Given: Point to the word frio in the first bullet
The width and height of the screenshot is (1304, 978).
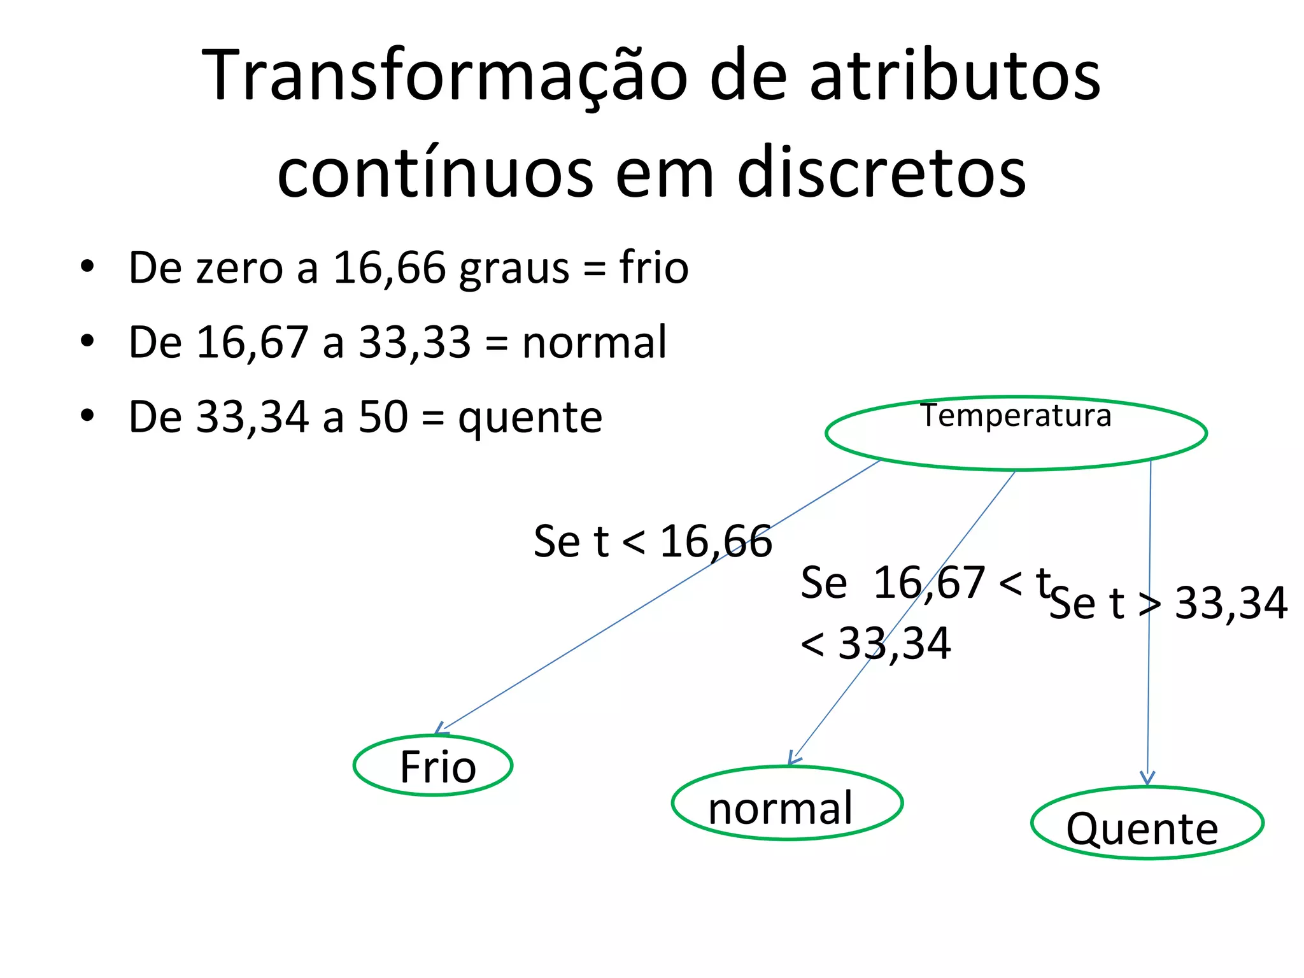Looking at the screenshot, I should click(x=654, y=267).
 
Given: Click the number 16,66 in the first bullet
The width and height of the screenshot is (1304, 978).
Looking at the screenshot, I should click(x=390, y=267).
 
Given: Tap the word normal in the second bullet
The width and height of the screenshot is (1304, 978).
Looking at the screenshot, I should click(x=594, y=343).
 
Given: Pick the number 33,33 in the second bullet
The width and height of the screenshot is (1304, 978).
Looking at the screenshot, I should click(x=415, y=343).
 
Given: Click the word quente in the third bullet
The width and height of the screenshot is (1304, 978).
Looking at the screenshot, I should click(x=530, y=418).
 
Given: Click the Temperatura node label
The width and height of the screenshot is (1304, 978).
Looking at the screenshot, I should click(x=1016, y=416).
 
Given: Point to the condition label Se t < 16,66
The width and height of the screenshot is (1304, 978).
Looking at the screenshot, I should click(x=653, y=542).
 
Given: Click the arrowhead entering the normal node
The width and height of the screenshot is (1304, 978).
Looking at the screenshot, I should click(x=793, y=758).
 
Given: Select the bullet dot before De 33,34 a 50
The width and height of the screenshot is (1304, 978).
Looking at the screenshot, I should click(x=87, y=416).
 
